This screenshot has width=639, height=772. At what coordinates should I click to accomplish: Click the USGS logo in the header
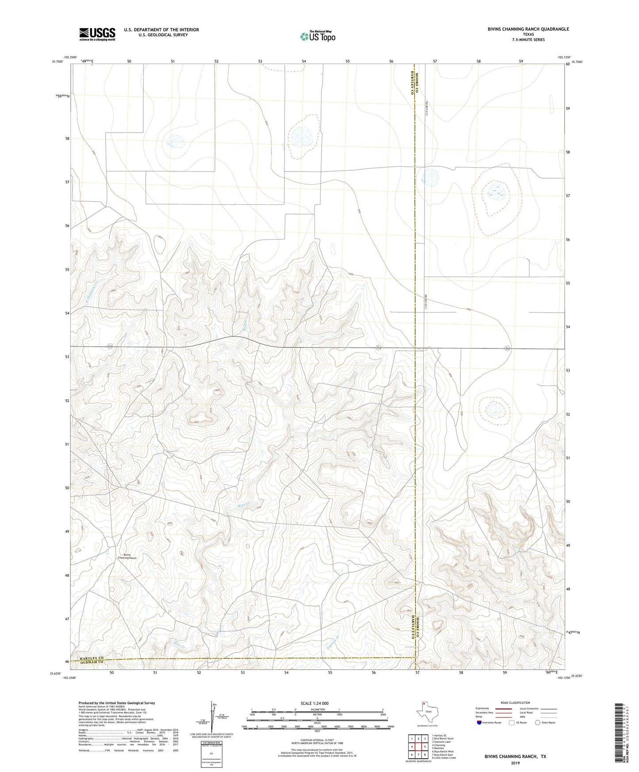(97, 34)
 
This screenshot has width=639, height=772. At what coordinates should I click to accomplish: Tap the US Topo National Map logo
(317, 36)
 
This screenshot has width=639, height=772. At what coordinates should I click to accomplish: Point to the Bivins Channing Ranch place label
(127, 556)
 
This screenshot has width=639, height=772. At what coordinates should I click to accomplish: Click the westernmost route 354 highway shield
(110, 347)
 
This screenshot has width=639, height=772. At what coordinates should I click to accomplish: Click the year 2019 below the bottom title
(515, 763)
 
